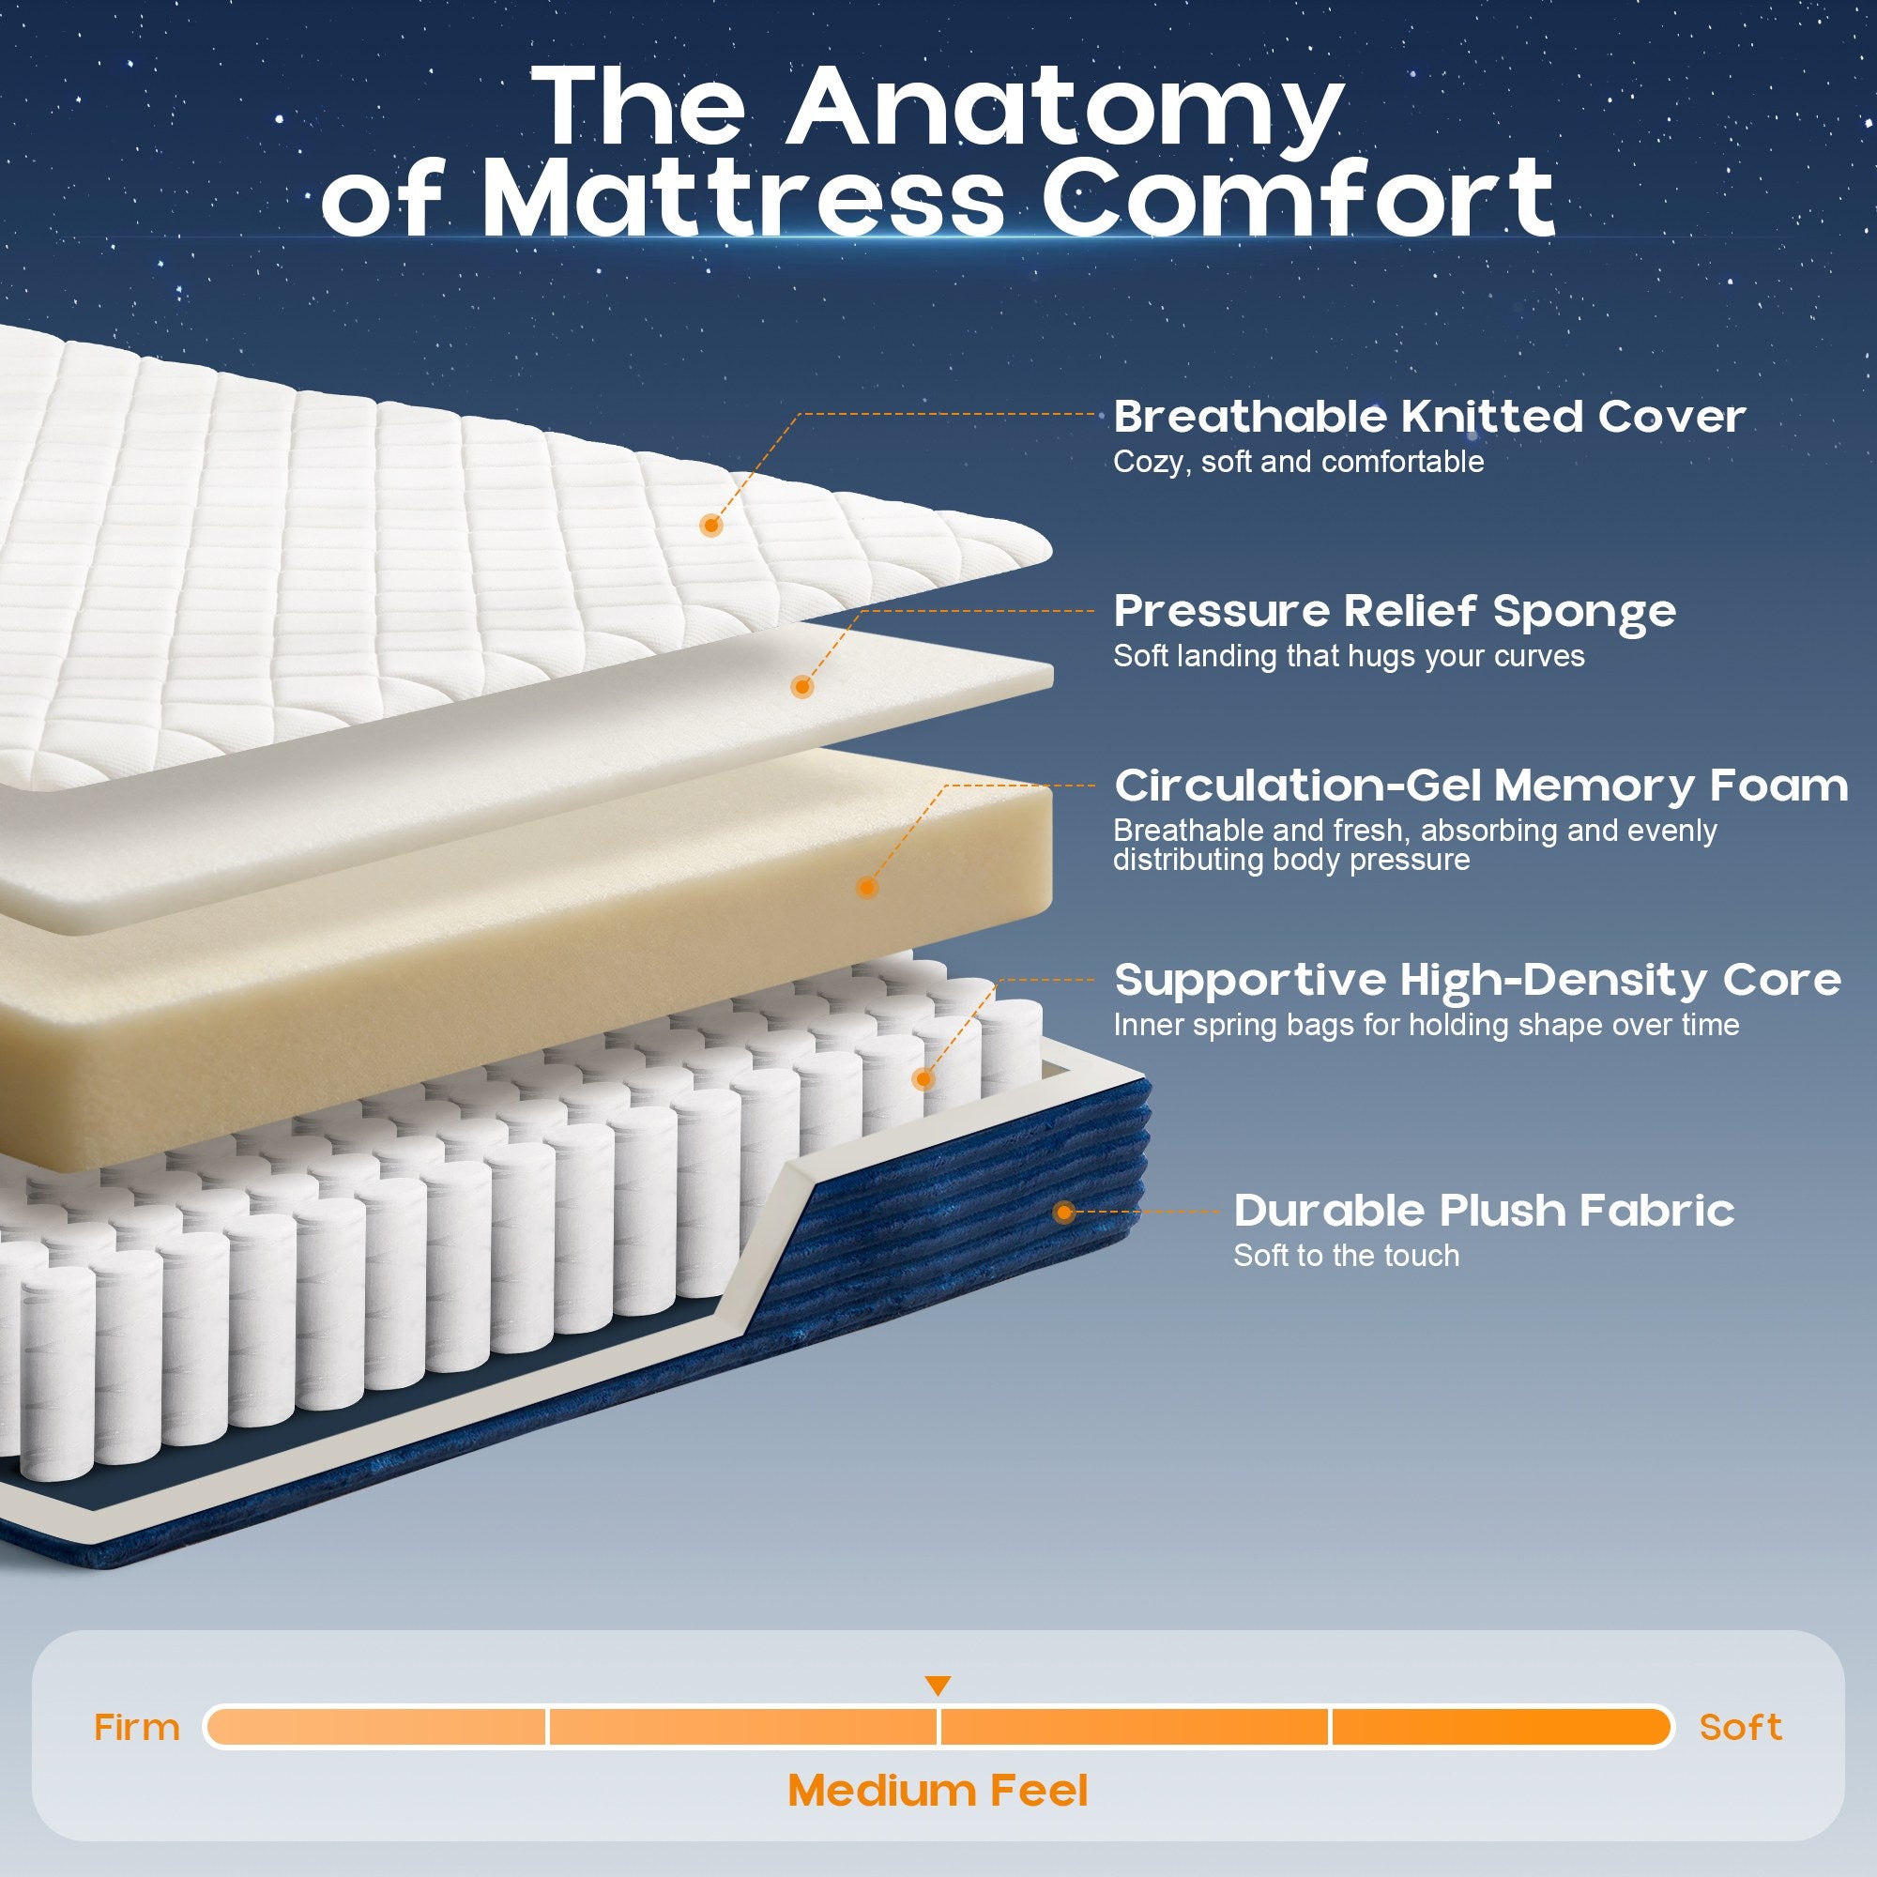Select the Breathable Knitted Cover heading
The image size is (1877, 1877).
pyautogui.click(x=1429, y=417)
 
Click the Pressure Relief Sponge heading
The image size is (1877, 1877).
pyautogui.click(x=1396, y=612)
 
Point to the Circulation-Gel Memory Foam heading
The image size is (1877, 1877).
pyautogui.click(x=1481, y=786)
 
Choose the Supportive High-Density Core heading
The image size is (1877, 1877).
pyautogui.click(x=1476, y=981)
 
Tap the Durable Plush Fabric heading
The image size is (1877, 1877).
pyautogui.click(x=1484, y=1211)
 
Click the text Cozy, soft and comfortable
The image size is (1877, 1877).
pyautogui.click(x=1298, y=462)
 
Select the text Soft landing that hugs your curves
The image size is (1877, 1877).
pyautogui.click(x=1349, y=656)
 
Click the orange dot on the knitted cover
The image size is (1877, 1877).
pyautogui.click(x=712, y=526)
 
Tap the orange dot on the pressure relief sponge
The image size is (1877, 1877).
pyautogui.click(x=801, y=687)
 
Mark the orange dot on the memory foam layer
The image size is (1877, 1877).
pyautogui.click(x=867, y=887)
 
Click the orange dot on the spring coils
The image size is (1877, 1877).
pyautogui.click(x=923, y=1078)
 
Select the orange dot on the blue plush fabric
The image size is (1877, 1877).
pyautogui.click(x=1064, y=1212)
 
